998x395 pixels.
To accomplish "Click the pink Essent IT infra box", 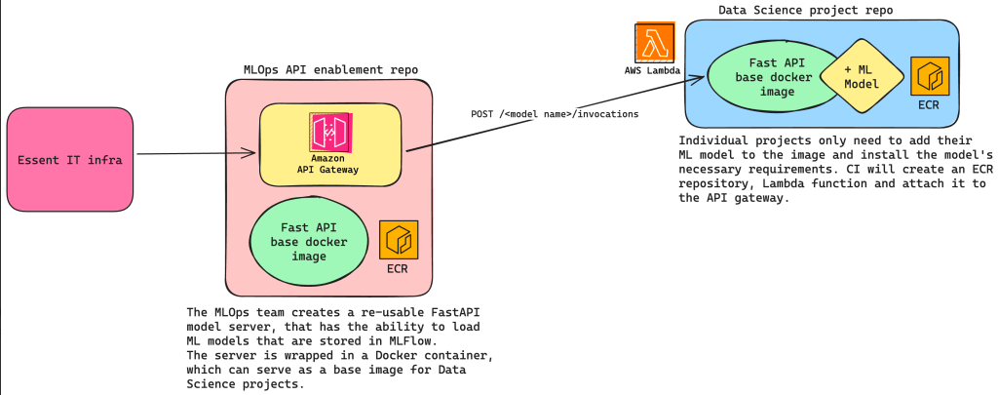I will click(70, 159).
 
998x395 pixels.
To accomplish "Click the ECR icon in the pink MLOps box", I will click(399, 239).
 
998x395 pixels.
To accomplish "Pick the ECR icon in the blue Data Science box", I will click(930, 76).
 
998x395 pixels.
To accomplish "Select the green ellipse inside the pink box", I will click(302, 242).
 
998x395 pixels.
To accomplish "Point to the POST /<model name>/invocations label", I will click(555, 113).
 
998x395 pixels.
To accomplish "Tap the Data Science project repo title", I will click(805, 10).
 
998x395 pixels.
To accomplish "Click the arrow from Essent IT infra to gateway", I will click(195, 153).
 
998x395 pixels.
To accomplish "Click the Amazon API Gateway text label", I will click(328, 163).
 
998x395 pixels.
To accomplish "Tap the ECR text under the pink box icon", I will click(399, 267).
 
